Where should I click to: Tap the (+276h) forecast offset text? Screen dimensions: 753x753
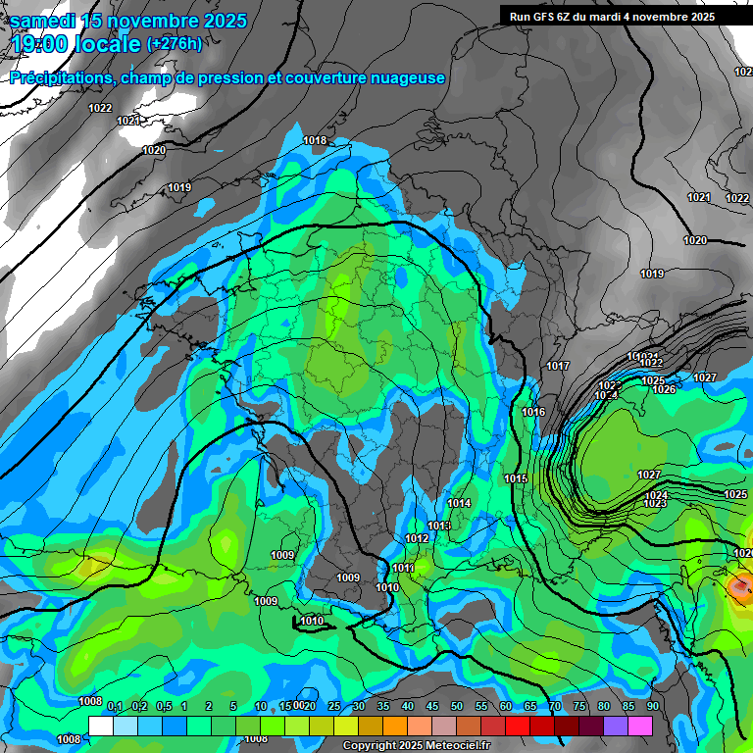pyautogui.click(x=175, y=43)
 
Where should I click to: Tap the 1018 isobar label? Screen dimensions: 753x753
pyautogui.click(x=315, y=141)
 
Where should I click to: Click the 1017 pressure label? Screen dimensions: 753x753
pyautogui.click(x=558, y=367)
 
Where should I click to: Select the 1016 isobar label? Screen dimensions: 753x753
pyautogui.click(x=533, y=413)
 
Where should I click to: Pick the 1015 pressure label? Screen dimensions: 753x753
pyautogui.click(x=516, y=478)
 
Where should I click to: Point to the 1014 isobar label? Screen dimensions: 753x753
pyautogui.click(x=459, y=504)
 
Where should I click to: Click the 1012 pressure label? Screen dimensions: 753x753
pyautogui.click(x=417, y=539)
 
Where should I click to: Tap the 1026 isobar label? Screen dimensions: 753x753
pyautogui.click(x=664, y=390)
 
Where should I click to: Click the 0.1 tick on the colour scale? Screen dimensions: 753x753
pyautogui.click(x=115, y=707)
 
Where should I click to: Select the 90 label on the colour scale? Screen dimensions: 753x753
pyautogui.click(x=652, y=707)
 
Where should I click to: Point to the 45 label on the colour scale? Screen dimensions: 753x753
pyautogui.click(x=432, y=707)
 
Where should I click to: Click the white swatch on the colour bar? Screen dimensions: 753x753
pyautogui.click(x=100, y=726)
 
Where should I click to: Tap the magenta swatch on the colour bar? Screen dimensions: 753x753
pyautogui.click(x=640, y=726)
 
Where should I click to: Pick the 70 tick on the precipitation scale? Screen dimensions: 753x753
pyautogui.click(x=555, y=707)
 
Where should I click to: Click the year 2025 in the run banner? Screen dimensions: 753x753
pyautogui.click(x=702, y=17)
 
